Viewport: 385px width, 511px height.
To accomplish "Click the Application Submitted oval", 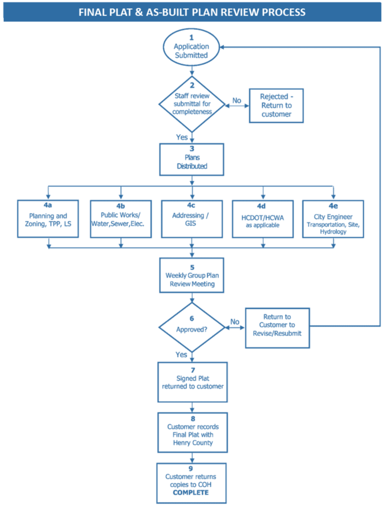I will [x=192, y=47].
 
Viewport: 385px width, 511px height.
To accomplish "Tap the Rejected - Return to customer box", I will [x=276, y=106].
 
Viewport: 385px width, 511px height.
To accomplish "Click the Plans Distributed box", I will [x=192, y=159].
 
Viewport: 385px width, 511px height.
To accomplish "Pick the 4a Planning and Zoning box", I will [x=48, y=219].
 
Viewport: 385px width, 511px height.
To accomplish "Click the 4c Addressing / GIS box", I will [x=192, y=219].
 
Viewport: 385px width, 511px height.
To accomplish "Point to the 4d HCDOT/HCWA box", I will [x=262, y=219].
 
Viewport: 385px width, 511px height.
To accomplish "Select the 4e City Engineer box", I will [x=333, y=219].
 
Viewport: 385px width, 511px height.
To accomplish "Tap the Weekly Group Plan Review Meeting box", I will [x=192, y=275].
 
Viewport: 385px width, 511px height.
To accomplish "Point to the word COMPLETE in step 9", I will [x=191, y=493].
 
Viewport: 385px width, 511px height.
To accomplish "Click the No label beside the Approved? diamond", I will [x=235, y=322].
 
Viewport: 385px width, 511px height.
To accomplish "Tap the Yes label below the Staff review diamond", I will [x=182, y=138].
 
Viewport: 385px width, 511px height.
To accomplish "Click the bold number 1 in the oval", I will [x=192, y=37].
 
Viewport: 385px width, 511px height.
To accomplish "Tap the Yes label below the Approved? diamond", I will [x=181, y=355].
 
